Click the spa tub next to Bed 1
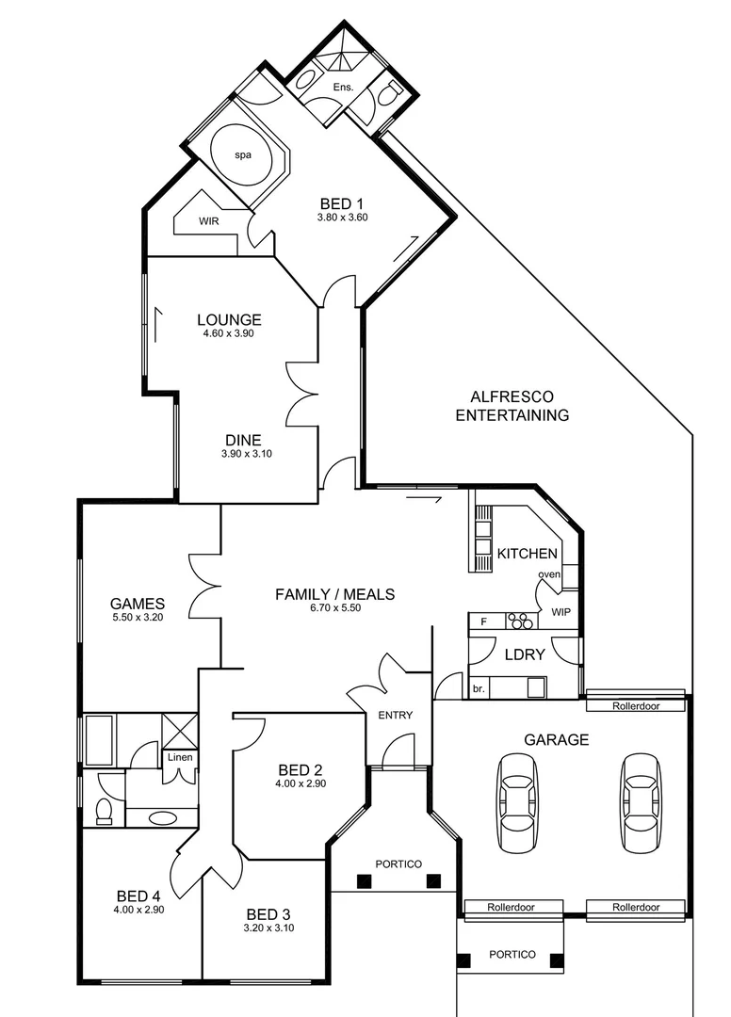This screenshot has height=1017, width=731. (x=247, y=154)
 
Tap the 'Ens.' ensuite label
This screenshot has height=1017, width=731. (x=343, y=88)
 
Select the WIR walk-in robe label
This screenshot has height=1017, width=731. (x=209, y=221)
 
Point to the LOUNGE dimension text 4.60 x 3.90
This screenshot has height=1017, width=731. (x=229, y=333)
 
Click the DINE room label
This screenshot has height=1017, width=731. (x=242, y=440)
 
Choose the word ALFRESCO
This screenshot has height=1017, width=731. (x=512, y=397)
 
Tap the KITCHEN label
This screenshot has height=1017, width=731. (x=528, y=553)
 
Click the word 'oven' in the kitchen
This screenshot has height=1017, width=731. (x=549, y=574)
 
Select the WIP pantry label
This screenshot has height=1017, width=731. (x=560, y=612)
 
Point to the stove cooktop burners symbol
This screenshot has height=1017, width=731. (x=518, y=621)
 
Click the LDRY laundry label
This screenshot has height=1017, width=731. (x=525, y=654)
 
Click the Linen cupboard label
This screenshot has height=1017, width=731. (x=180, y=757)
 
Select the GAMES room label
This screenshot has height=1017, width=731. (x=138, y=604)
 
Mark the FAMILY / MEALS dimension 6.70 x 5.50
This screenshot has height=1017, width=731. (x=334, y=607)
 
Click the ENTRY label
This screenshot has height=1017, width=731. (x=395, y=715)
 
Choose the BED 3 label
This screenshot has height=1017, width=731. (x=268, y=914)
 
